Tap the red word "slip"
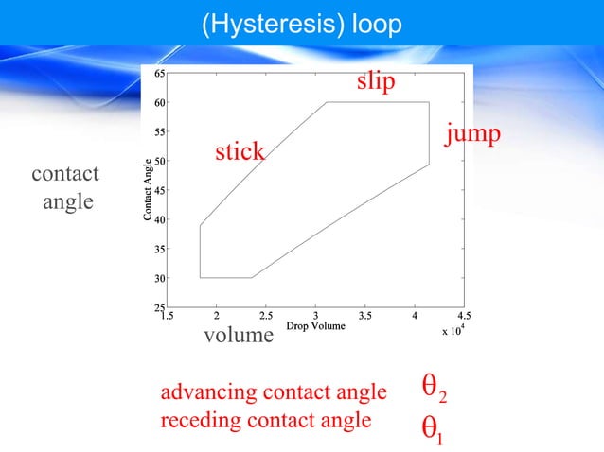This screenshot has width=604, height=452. (x=376, y=82)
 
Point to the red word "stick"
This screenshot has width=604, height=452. (x=240, y=151)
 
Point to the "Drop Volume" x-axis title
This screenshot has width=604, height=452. (x=315, y=326)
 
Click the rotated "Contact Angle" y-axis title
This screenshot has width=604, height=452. (x=148, y=190)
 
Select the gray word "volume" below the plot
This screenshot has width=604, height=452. (x=239, y=336)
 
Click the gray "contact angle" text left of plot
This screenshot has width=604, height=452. (x=65, y=188)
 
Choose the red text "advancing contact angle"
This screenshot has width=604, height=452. (x=275, y=391)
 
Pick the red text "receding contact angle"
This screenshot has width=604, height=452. (x=266, y=420)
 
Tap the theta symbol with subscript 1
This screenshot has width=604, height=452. (x=431, y=431)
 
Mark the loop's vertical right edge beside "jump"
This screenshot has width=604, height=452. (x=429, y=133)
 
